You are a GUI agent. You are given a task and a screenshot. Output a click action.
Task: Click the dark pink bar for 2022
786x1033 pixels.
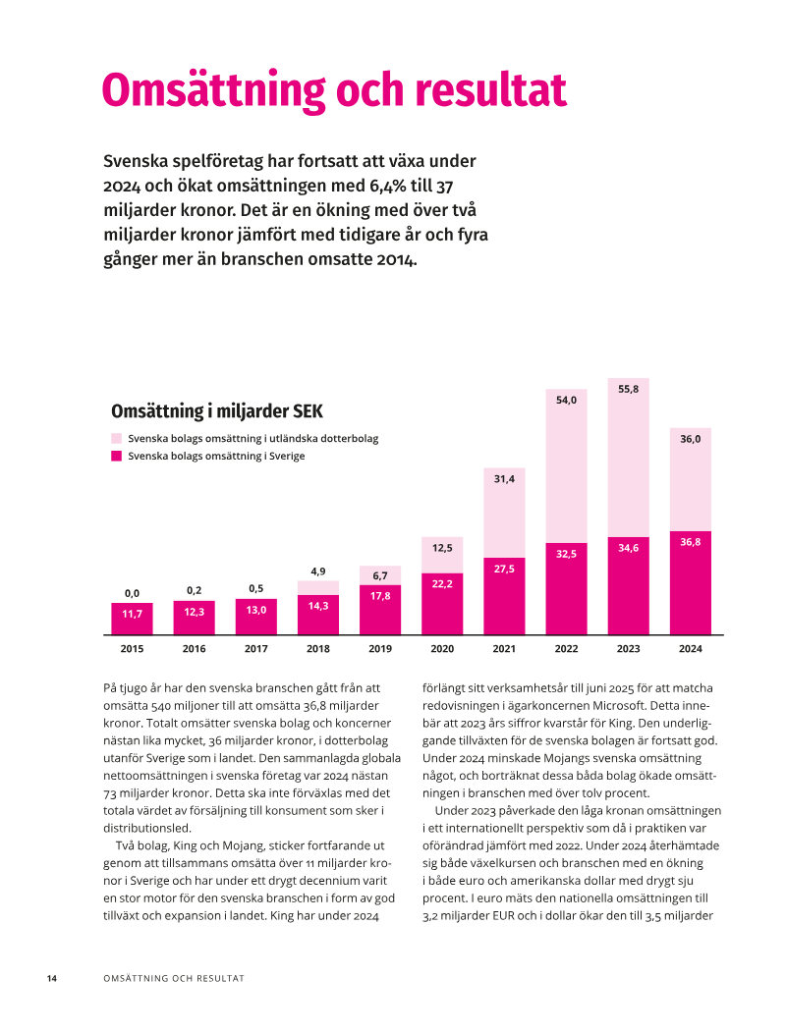(x=566, y=589)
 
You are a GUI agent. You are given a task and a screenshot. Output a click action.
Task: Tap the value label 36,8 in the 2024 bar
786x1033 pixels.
(x=691, y=542)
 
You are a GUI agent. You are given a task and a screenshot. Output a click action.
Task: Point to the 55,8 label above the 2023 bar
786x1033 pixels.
(x=628, y=390)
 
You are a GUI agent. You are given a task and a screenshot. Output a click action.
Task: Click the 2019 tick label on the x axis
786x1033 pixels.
(x=380, y=649)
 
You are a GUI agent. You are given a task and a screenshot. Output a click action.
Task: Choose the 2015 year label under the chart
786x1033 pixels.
(x=132, y=649)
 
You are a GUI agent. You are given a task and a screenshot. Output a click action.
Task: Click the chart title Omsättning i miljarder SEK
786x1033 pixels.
(x=216, y=410)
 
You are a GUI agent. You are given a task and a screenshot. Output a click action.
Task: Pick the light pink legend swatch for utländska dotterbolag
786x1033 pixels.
(x=117, y=438)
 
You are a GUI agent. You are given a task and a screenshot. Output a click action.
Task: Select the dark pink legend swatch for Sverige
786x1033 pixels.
(x=117, y=456)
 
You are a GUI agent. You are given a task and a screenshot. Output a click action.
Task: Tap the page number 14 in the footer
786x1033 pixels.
(x=52, y=979)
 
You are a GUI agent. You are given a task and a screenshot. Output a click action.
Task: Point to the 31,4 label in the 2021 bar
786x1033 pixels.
(x=504, y=478)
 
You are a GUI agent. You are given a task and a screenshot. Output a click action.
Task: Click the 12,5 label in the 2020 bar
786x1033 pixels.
(x=442, y=547)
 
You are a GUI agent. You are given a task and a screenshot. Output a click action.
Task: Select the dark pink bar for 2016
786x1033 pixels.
(x=194, y=618)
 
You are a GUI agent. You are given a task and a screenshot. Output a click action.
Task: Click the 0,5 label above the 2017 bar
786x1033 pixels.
(x=255, y=589)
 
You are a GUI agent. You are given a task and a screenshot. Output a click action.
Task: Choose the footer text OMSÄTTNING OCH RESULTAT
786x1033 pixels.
(x=174, y=979)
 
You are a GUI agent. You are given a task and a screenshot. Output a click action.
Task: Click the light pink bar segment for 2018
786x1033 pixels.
(x=318, y=587)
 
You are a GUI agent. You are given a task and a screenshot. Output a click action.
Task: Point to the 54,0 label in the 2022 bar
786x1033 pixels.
(x=566, y=401)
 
